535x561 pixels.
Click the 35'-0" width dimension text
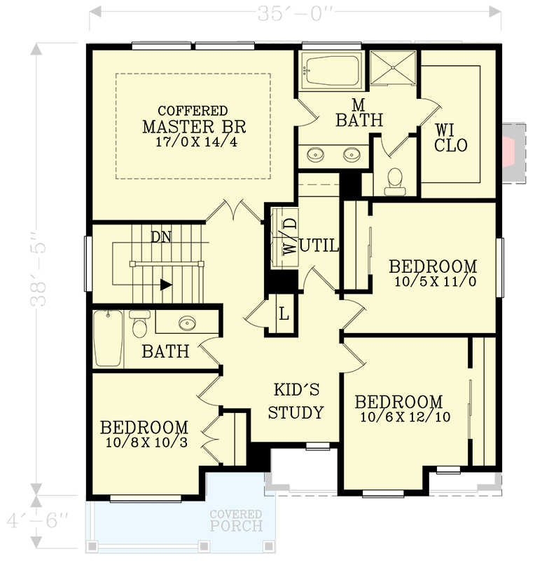[x=294, y=12]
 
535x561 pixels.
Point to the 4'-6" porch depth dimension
[x=39, y=521]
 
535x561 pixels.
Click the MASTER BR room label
[x=194, y=127]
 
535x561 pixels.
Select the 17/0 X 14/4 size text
[x=193, y=142]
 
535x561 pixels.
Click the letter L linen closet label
[x=284, y=313]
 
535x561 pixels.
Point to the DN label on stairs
[x=160, y=236]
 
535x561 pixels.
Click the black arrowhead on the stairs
[x=166, y=285]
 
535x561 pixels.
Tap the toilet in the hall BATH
[x=139, y=324]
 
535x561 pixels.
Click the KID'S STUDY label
[x=296, y=401]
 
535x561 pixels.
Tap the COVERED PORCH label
[x=236, y=520]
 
